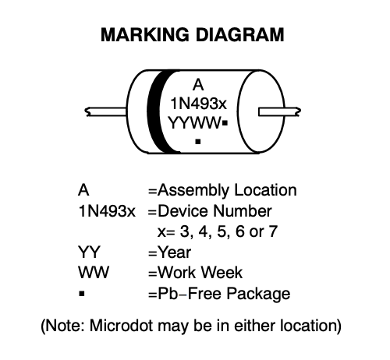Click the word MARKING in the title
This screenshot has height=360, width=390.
click(145, 35)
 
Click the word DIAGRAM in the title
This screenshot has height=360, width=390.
click(239, 35)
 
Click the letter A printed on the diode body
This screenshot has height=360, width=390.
click(198, 85)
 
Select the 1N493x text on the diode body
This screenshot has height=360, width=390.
click(199, 104)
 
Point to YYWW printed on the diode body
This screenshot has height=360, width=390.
click(194, 122)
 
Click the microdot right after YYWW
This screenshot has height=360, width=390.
click(225, 123)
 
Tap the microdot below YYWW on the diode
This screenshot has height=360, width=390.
click(198, 142)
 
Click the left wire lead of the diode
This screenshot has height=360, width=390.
click(106, 111)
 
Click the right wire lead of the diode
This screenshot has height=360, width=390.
click(279, 112)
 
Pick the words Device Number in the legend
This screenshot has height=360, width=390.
click(214, 210)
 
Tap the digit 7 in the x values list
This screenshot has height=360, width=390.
click(273, 231)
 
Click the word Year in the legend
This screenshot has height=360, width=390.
click(175, 252)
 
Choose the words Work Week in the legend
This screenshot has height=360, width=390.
click(200, 273)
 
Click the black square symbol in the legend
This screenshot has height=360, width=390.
click(82, 294)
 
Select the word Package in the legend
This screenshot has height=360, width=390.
click(258, 295)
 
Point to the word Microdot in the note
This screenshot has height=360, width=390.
click(121, 325)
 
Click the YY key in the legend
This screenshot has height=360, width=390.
click(89, 252)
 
